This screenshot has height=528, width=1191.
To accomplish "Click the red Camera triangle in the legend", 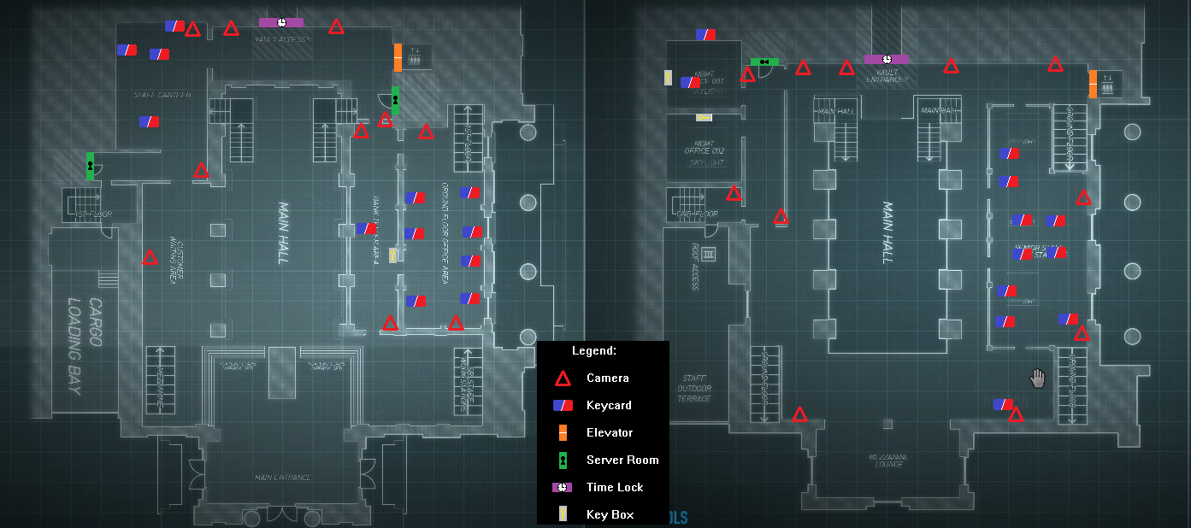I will (563, 378).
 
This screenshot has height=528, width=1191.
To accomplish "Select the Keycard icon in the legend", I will (563, 406).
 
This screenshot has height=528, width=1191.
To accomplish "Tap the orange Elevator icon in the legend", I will (563, 433).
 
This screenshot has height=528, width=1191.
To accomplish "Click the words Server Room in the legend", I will (622, 460).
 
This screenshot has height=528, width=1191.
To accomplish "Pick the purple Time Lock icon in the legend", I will (562, 487).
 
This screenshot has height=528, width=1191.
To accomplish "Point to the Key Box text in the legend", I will (610, 514).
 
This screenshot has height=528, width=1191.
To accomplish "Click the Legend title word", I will (594, 350).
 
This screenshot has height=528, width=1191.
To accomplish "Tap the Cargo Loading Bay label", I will (83, 345).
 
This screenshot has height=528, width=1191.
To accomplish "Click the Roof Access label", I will (696, 267).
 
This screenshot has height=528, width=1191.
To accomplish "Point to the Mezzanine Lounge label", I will (888, 462).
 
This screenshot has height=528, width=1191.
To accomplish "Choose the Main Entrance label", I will (283, 477).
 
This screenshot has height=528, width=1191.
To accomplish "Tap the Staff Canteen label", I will (162, 94).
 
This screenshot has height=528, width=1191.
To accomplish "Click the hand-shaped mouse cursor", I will (1038, 378).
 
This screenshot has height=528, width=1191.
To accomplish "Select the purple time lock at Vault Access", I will (281, 22).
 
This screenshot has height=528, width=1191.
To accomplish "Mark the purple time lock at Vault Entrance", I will (887, 59).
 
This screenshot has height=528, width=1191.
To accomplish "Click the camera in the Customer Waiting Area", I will (150, 257).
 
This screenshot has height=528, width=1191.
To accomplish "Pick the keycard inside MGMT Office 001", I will (690, 83).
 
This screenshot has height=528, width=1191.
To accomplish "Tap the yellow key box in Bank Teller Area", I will (393, 255).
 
